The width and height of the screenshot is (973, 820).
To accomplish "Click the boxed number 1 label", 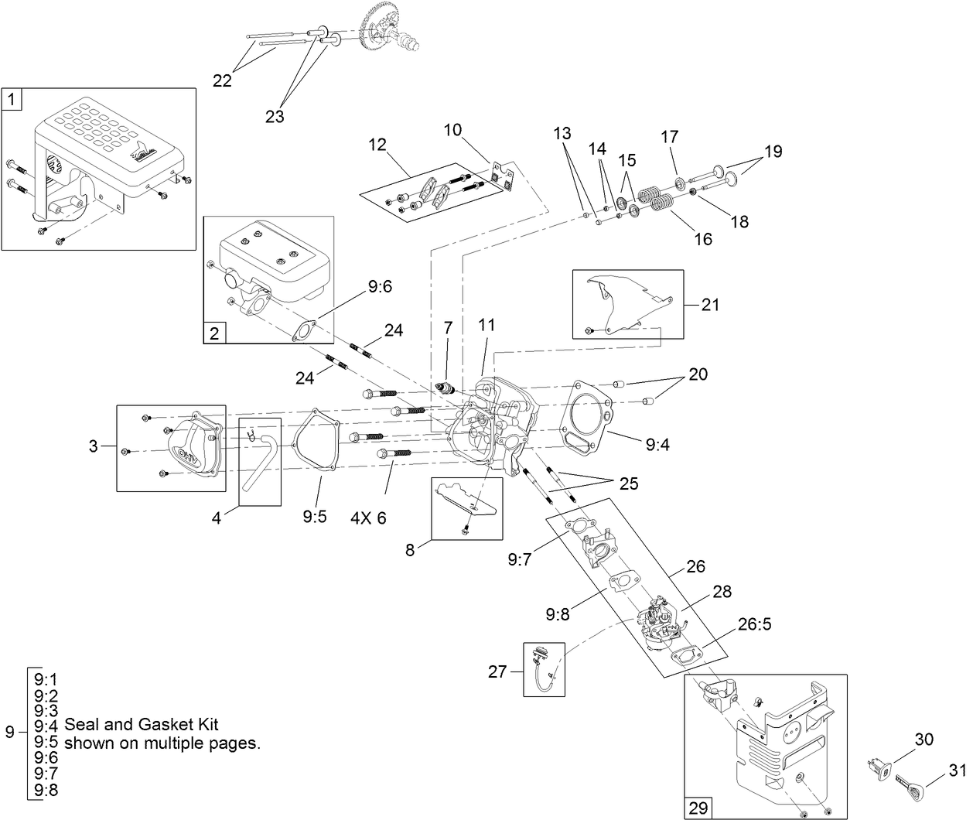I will coord(12,99).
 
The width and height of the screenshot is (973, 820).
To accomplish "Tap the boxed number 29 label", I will coord(698,808).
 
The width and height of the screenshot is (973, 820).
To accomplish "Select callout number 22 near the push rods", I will coord(222,81).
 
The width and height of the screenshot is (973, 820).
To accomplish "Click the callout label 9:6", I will coord(380,286).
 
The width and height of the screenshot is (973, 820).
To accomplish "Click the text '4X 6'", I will coord(368,518).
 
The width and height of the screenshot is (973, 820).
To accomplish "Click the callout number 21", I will coord(709,305).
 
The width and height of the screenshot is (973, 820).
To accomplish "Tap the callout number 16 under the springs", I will coord(702,239).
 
